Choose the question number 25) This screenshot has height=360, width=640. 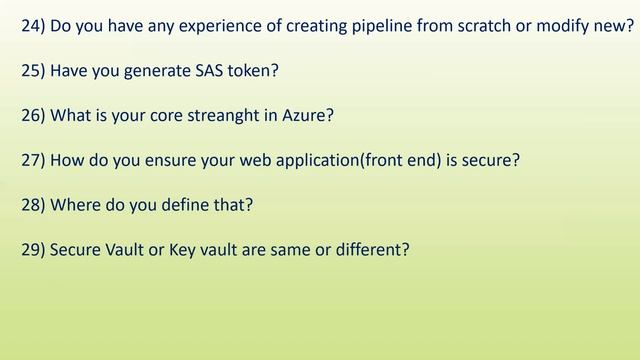(x=33, y=73)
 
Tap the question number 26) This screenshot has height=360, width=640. (x=33, y=117)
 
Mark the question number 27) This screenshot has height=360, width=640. (x=33, y=161)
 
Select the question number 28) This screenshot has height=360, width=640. (x=33, y=205)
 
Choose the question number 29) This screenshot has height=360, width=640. (x=33, y=249)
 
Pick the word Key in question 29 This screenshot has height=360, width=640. (x=172, y=249)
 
